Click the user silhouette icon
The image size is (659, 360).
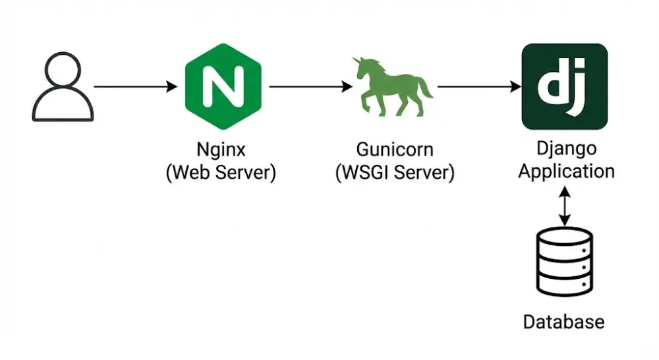(63, 88)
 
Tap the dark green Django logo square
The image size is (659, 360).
(565, 86)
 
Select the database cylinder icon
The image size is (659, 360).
(565, 263)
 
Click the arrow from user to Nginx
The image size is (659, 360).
(136, 86)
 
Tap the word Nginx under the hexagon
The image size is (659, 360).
(221, 149)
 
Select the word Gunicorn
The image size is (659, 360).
(395, 149)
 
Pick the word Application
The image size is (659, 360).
(566, 171)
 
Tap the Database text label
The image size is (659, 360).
(563, 322)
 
